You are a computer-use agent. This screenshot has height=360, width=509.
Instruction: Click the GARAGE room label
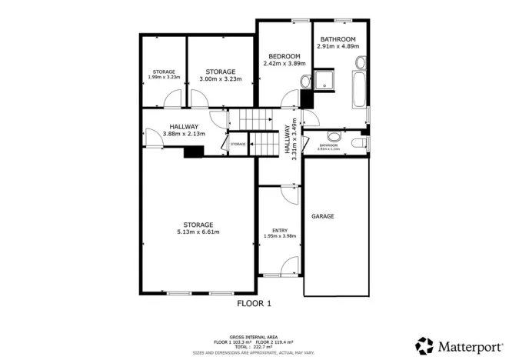click(323, 217)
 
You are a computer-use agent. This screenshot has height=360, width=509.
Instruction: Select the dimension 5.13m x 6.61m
click(198, 232)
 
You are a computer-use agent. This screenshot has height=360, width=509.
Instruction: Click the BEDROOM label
click(284, 56)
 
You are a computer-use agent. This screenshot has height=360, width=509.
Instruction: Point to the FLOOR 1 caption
click(254, 304)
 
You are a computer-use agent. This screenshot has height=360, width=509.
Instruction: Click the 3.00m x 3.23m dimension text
click(221, 78)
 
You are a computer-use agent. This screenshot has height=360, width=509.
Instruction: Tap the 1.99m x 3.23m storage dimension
click(163, 77)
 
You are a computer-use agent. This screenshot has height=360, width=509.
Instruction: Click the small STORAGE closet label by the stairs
click(238, 144)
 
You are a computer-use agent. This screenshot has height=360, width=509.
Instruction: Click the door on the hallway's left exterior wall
click(148, 135)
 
